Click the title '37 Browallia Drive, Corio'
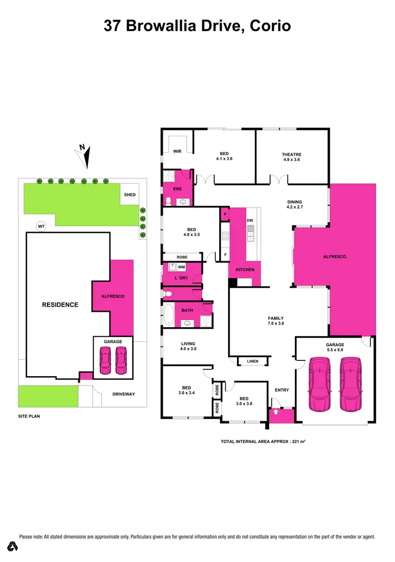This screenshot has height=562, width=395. click(x=197, y=25)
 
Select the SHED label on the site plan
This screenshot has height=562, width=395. click(x=130, y=195)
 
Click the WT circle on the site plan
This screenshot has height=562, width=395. click(x=41, y=226)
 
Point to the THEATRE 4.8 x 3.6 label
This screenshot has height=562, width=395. click(x=291, y=157)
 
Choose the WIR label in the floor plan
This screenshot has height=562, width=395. click(x=177, y=151)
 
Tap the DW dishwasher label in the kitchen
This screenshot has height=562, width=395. click(x=250, y=220)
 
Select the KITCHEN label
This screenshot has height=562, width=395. click(x=245, y=270)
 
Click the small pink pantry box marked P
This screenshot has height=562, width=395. click(x=225, y=214)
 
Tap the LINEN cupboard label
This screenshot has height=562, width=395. click(x=253, y=361)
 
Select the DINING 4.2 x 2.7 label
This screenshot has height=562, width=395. click(x=294, y=204)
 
